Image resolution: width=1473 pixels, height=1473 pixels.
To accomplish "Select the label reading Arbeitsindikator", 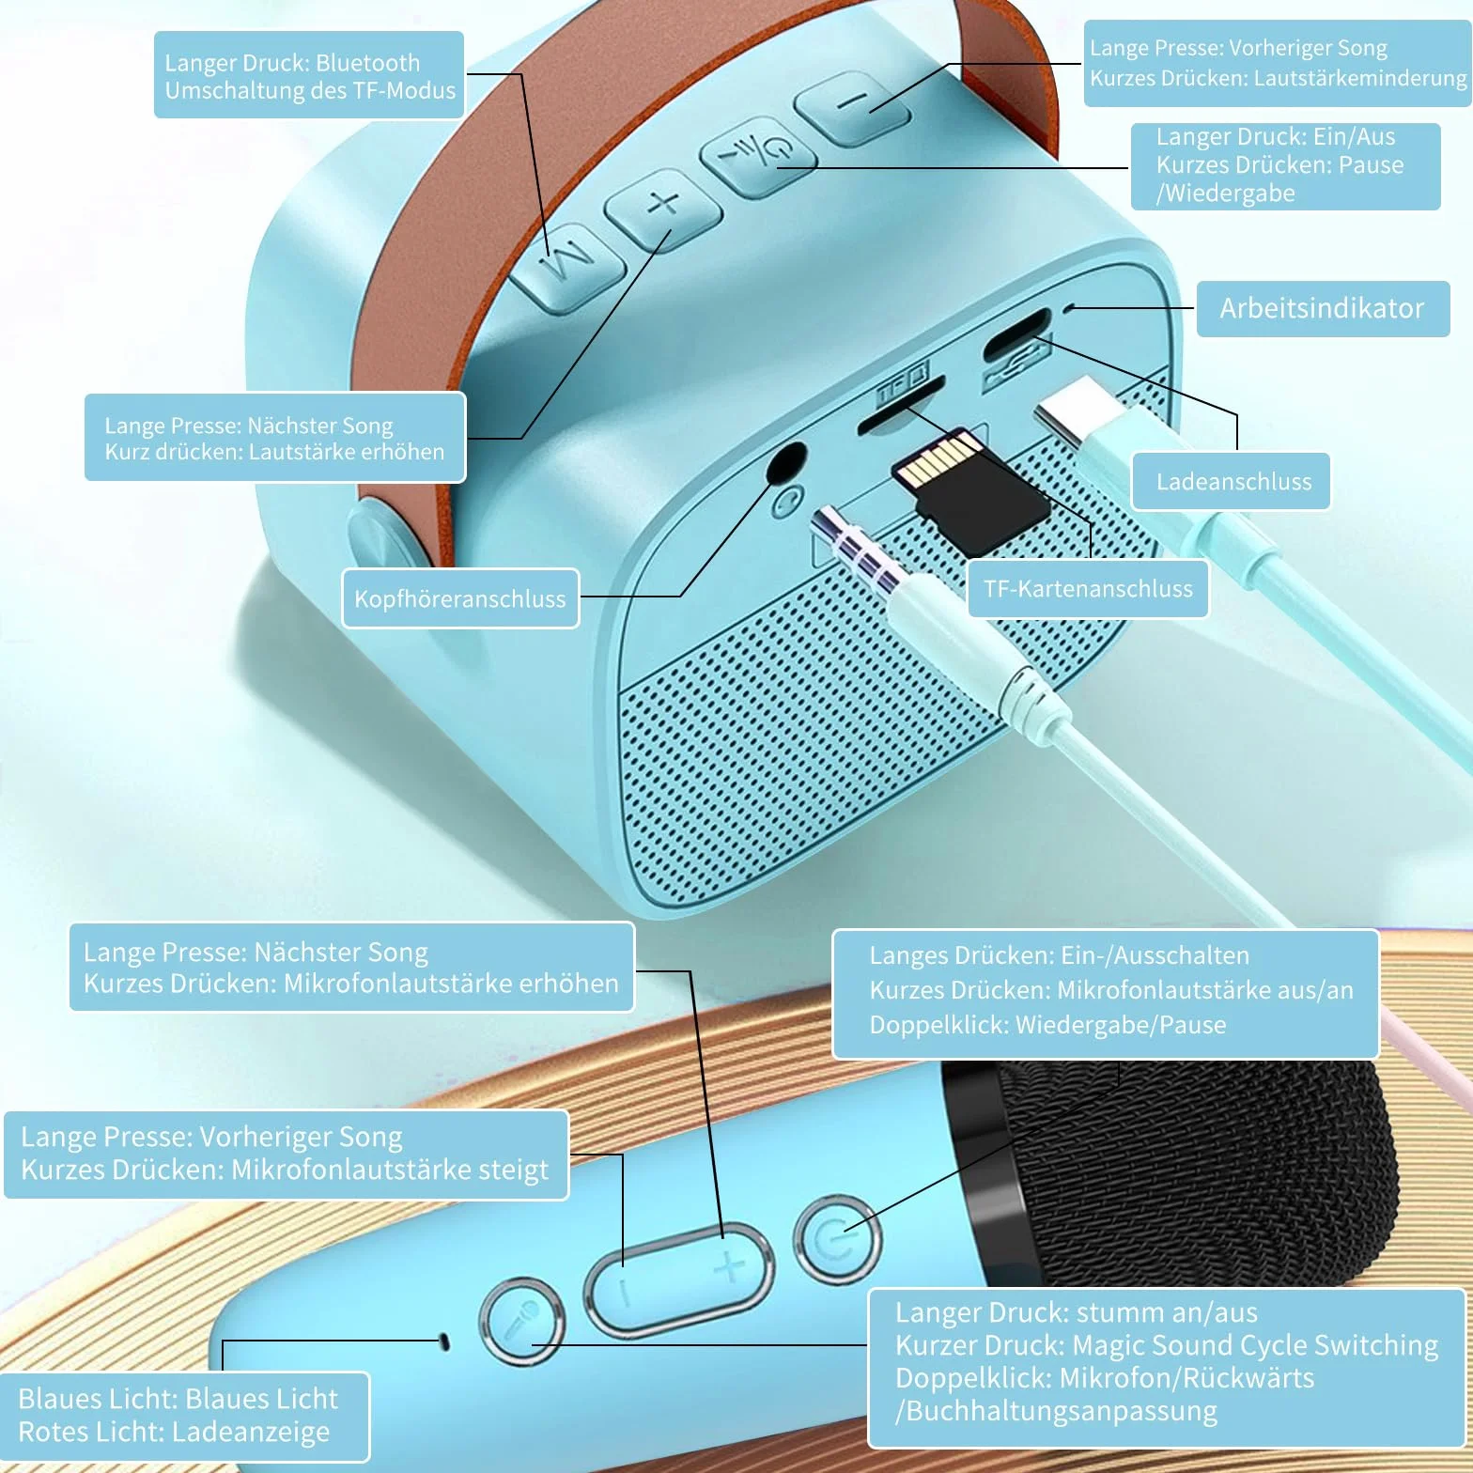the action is tap(1322, 308).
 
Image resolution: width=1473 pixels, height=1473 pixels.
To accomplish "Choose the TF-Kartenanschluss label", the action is tap(1088, 589).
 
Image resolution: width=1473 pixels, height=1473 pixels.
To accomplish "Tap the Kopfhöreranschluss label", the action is tap(460, 598).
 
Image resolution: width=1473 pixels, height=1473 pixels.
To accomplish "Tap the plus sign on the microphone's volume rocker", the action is tap(728, 1268).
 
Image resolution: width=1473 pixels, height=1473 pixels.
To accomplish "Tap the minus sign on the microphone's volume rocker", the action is tap(625, 1293).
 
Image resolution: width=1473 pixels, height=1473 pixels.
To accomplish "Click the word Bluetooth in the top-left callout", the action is tap(368, 63).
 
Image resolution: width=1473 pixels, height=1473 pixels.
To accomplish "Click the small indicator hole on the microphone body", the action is tap(444, 1341).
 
